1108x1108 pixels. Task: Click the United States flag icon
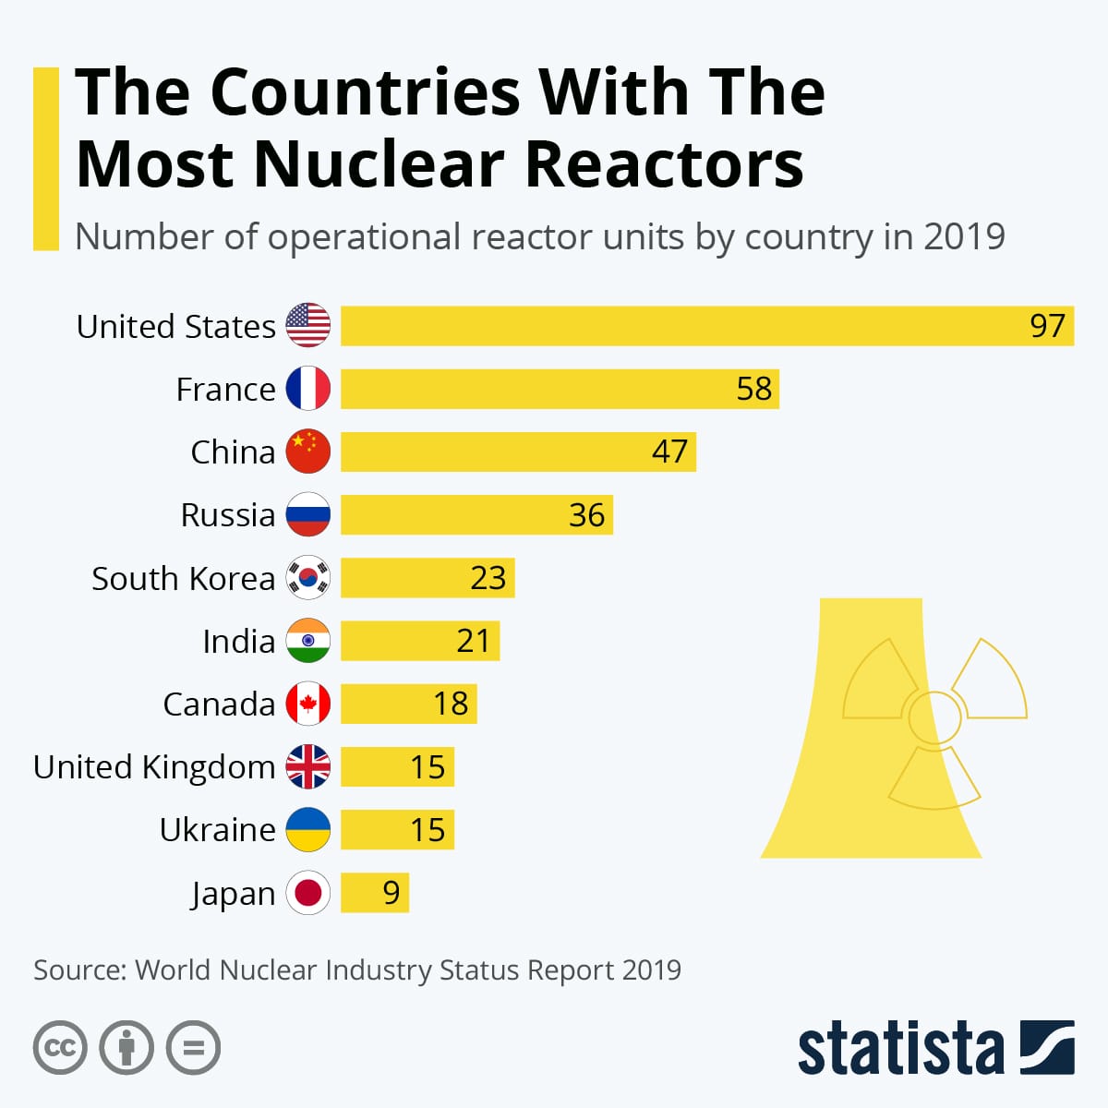(307, 325)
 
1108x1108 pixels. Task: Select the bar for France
(560, 389)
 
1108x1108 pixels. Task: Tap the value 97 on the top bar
(1047, 326)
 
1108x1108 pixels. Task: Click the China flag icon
(307, 452)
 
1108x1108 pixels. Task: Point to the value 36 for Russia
(586, 515)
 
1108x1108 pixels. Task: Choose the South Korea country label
(183, 579)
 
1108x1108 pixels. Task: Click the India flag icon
(307, 641)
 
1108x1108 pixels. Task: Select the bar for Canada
(408, 704)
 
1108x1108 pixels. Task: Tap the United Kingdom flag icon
(307, 766)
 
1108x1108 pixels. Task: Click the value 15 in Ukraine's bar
(428, 830)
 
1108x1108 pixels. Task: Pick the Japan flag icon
(307, 893)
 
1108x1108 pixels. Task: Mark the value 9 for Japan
(391, 893)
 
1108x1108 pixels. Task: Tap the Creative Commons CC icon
(60, 1048)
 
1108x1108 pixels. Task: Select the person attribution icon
(126, 1048)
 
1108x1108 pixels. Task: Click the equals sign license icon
(194, 1048)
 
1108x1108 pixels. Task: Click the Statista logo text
(899, 1049)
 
